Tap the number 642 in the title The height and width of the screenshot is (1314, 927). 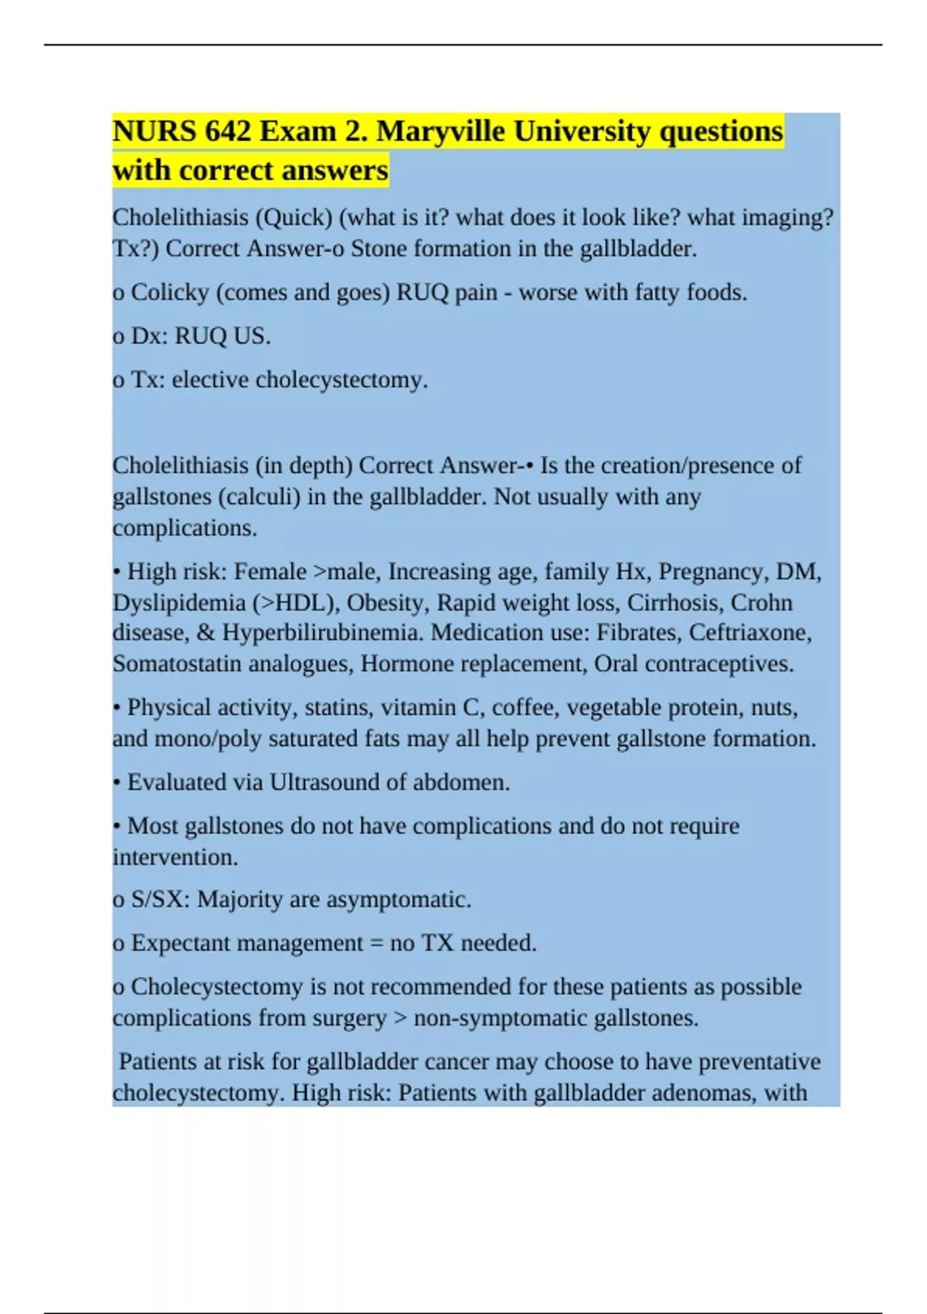coord(228,132)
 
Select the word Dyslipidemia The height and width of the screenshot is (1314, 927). coord(178,603)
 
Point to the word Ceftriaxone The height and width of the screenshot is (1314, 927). coord(749,633)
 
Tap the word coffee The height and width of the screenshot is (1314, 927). coord(525,708)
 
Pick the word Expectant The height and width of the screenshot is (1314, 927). coord(182,944)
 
